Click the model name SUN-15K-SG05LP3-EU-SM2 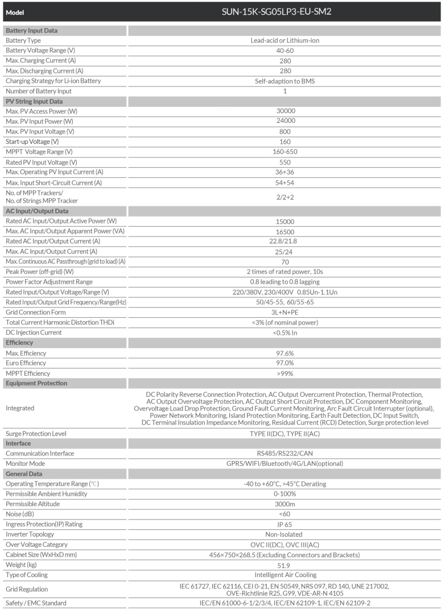click(x=285, y=11)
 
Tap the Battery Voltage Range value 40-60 click(x=285, y=51)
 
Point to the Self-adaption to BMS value click(x=285, y=81)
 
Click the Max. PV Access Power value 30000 click(x=285, y=111)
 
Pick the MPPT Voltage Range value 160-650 click(x=285, y=151)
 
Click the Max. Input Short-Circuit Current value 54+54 click(x=285, y=182)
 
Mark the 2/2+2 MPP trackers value click(x=285, y=196)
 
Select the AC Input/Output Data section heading click(x=38, y=211)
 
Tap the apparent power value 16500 click(x=285, y=231)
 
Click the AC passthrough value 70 click(x=285, y=262)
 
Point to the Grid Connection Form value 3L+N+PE click(x=285, y=312)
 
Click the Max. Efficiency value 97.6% click(x=285, y=353)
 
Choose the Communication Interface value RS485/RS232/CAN click(x=285, y=454)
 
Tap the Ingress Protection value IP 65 click(x=285, y=524)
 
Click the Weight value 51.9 click(x=285, y=565)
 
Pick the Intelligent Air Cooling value click(x=285, y=575)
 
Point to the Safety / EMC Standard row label click(x=36, y=603)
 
